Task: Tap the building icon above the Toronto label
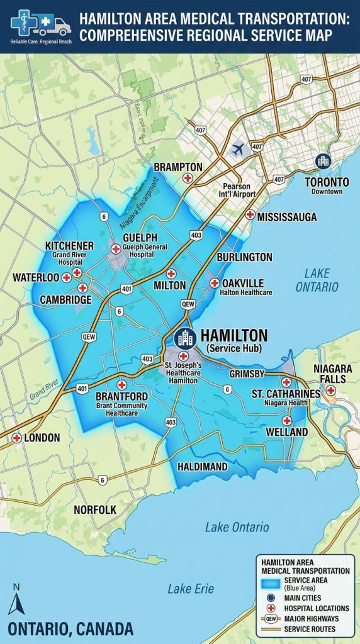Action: (x=323, y=162)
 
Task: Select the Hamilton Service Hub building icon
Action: (x=185, y=338)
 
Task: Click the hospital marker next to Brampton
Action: (x=187, y=179)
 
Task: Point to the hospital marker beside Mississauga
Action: (x=250, y=214)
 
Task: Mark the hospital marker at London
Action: (x=16, y=438)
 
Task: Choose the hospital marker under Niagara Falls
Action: (x=330, y=391)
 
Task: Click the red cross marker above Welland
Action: (x=286, y=420)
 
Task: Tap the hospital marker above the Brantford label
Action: (x=122, y=384)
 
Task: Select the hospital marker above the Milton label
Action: (x=171, y=274)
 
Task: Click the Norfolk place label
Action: (x=95, y=509)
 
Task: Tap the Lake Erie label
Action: (x=190, y=589)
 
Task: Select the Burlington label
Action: (x=244, y=257)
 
